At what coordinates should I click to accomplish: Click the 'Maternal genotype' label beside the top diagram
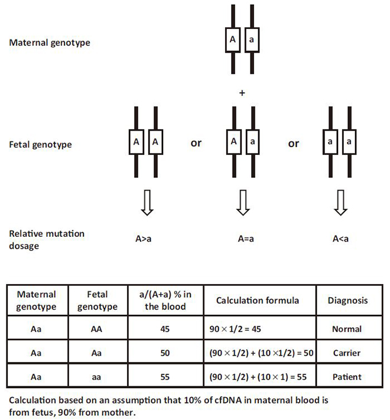[x=50, y=43]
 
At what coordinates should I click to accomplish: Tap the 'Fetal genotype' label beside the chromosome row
[x=40, y=145]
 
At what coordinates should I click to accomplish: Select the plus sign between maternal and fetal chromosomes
[x=242, y=93]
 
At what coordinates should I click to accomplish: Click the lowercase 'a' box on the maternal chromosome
[x=252, y=40]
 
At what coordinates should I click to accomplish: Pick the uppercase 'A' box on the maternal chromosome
[x=233, y=40]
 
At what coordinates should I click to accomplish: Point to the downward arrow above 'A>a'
[x=147, y=203]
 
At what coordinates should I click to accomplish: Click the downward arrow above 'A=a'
[x=243, y=203]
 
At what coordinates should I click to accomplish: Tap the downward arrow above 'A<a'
[x=340, y=203]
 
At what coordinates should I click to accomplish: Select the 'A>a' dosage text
[x=144, y=239]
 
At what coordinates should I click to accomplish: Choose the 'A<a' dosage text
[x=340, y=239]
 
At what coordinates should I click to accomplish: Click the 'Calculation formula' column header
[x=258, y=301]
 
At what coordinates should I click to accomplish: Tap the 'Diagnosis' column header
[x=347, y=301]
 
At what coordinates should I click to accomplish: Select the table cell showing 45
[x=165, y=329]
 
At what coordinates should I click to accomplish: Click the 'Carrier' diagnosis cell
[x=347, y=353]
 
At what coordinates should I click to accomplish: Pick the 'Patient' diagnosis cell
[x=347, y=377]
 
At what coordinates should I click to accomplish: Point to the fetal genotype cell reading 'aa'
[x=96, y=377]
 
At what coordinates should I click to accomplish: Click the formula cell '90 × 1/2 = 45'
[x=235, y=329]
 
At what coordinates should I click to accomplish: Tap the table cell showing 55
[x=165, y=377]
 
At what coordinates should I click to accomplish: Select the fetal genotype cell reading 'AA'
[x=96, y=329]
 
